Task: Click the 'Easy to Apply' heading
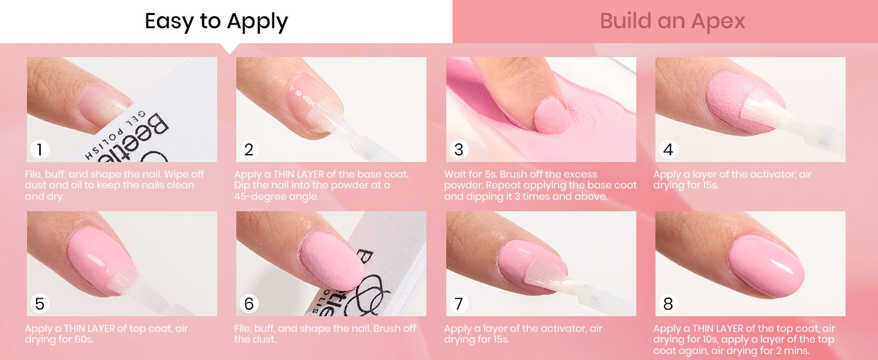pyautogui.click(x=217, y=22)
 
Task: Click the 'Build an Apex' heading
pyautogui.click(x=672, y=21)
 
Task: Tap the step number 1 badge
pyautogui.click(x=39, y=149)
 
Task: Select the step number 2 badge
pyautogui.click(x=248, y=149)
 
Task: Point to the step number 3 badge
pyautogui.click(x=459, y=149)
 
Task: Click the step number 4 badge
pyautogui.click(x=668, y=149)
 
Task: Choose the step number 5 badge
pyautogui.click(x=39, y=304)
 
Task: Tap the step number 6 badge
pyautogui.click(x=248, y=304)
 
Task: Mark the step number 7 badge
pyautogui.click(x=459, y=304)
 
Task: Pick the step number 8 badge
pyautogui.click(x=668, y=304)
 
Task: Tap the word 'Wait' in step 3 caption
pyautogui.click(x=454, y=174)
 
